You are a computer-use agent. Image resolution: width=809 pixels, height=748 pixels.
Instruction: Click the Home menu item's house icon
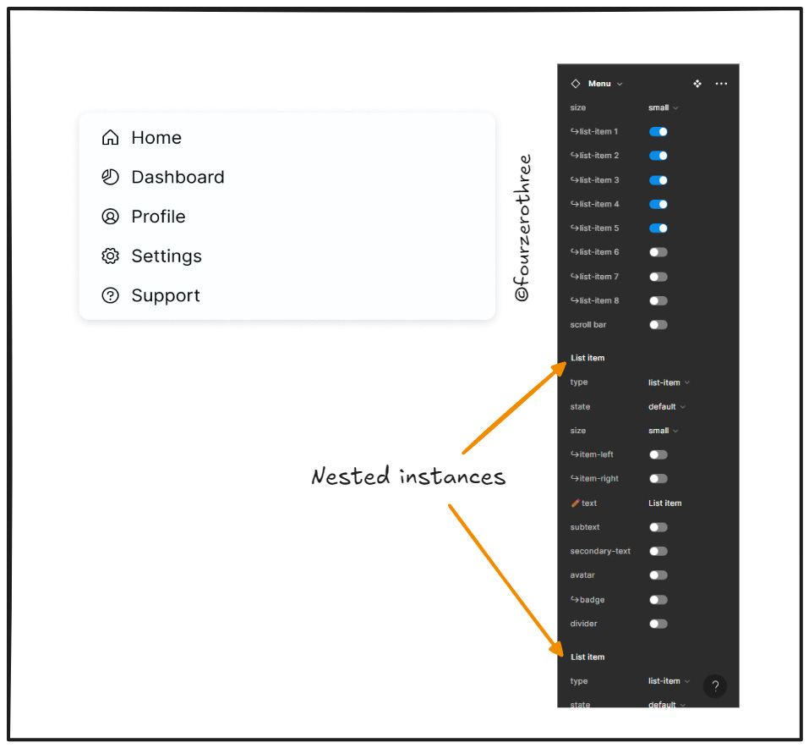(110, 138)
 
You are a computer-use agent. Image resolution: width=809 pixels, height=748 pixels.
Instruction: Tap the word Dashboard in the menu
(178, 178)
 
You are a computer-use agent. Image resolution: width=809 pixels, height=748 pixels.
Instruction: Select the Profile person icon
(110, 217)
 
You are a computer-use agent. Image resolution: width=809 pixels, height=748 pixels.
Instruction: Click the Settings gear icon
(110, 256)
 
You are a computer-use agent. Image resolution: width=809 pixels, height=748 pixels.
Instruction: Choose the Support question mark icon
(110, 295)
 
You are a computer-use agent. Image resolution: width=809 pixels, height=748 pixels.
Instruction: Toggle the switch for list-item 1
(658, 132)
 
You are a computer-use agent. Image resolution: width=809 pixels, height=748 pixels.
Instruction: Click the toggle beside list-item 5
(658, 228)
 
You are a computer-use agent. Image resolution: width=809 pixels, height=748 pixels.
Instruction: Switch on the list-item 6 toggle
(658, 252)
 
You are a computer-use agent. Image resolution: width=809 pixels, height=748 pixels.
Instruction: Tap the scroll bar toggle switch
(658, 325)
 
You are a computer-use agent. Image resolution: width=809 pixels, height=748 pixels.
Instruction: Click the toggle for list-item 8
(658, 301)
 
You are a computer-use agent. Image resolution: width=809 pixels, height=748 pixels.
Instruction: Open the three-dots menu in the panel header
(721, 84)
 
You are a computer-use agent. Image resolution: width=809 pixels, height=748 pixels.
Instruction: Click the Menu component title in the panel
(599, 84)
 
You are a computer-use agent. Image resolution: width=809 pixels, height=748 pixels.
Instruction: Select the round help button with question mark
(714, 686)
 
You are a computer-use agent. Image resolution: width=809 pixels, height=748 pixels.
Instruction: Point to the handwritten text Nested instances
(408, 476)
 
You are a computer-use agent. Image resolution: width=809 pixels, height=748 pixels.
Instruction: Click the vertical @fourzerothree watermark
(522, 228)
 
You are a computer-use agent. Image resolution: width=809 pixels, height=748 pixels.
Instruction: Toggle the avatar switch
(658, 575)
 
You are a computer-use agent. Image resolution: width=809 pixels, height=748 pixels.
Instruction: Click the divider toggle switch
(658, 624)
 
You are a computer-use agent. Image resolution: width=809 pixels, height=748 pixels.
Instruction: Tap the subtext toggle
(658, 527)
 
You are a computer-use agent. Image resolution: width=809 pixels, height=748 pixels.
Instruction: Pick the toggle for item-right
(658, 479)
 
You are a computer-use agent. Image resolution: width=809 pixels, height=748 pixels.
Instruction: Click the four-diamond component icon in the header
(697, 84)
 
